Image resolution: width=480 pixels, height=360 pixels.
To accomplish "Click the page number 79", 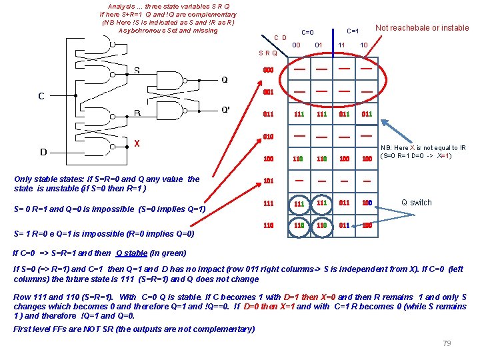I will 447,343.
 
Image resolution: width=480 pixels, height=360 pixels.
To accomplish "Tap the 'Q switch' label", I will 416,203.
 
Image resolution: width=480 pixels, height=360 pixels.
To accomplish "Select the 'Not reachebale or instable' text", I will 421,28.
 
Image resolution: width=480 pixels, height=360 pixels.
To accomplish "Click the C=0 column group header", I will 307,32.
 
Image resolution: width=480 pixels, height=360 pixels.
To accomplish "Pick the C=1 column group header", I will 353,31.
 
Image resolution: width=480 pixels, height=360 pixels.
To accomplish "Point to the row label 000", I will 268,70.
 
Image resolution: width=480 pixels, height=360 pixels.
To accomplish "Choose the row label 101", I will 268,181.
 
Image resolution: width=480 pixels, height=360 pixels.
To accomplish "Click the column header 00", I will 297,45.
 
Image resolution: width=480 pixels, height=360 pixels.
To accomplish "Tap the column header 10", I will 364,45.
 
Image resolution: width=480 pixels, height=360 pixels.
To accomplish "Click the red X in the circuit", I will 137,143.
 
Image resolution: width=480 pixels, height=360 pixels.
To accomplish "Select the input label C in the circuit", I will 41,96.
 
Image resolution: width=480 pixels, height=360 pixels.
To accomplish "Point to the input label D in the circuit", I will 43,152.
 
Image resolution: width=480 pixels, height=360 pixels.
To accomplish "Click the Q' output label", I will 226,110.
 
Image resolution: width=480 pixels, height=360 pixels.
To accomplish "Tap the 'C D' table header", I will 281,38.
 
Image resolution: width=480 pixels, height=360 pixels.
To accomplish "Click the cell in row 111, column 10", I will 366,203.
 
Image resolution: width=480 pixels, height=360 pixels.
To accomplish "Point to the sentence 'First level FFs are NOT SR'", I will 133,329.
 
